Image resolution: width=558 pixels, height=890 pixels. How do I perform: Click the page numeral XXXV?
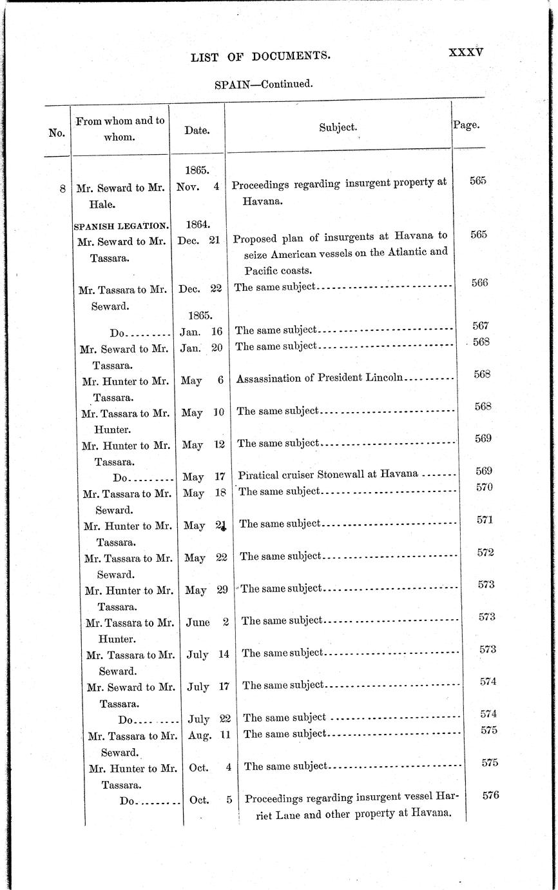pyautogui.click(x=465, y=53)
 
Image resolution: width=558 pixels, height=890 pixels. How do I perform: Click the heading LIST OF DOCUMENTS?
pyautogui.click(x=261, y=57)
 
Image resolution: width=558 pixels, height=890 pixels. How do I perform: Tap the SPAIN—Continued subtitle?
pyautogui.click(x=264, y=83)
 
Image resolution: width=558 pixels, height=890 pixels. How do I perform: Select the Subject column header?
pyautogui.click(x=338, y=128)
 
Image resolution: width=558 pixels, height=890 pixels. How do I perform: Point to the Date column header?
pyautogui.click(x=197, y=130)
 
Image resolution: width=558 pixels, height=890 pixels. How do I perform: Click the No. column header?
pyautogui.click(x=57, y=133)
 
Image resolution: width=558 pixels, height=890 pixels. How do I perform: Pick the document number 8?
pyautogui.click(x=62, y=189)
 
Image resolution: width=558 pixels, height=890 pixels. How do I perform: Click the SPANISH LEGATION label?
pyautogui.click(x=121, y=226)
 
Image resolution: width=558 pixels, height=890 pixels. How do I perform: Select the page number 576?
pyautogui.click(x=490, y=795)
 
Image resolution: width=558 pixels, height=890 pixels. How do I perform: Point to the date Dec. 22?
pyautogui.click(x=200, y=288)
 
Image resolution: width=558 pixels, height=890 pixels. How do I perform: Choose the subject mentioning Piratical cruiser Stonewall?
pyautogui.click(x=328, y=474)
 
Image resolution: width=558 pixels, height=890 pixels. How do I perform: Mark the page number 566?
pyautogui.click(x=479, y=282)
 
